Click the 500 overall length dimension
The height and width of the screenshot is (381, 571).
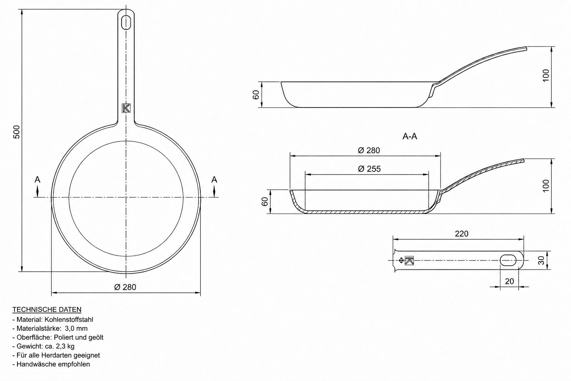pyautogui.click(x=16, y=132)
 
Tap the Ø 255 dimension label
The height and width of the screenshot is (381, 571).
pyautogui.click(x=369, y=169)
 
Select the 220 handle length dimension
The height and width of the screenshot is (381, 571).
pyautogui.click(x=462, y=234)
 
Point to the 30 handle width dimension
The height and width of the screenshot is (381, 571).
pyautogui.click(x=541, y=260)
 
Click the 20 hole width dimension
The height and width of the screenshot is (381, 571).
pyautogui.click(x=509, y=281)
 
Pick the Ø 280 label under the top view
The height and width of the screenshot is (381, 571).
pyautogui.click(x=125, y=287)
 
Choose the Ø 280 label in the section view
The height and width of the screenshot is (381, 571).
pyautogui.click(x=369, y=151)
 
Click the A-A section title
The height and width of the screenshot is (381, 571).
pyautogui.click(x=410, y=137)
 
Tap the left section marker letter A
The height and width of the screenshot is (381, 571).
pyautogui.click(x=38, y=180)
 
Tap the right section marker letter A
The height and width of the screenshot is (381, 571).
pyautogui.click(x=214, y=180)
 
